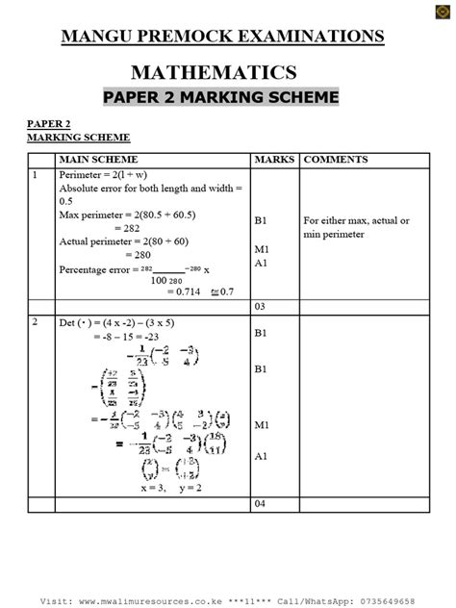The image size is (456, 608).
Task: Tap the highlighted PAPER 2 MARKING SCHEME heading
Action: tap(221, 98)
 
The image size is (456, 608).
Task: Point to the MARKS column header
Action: tap(274, 159)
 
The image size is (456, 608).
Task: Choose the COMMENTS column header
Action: tap(336, 159)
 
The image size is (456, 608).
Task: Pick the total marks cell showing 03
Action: tap(260, 306)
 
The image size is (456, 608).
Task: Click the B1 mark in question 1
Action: tap(261, 220)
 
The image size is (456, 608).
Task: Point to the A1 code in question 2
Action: tap(261, 456)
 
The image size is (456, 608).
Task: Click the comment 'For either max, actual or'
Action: tap(356, 220)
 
